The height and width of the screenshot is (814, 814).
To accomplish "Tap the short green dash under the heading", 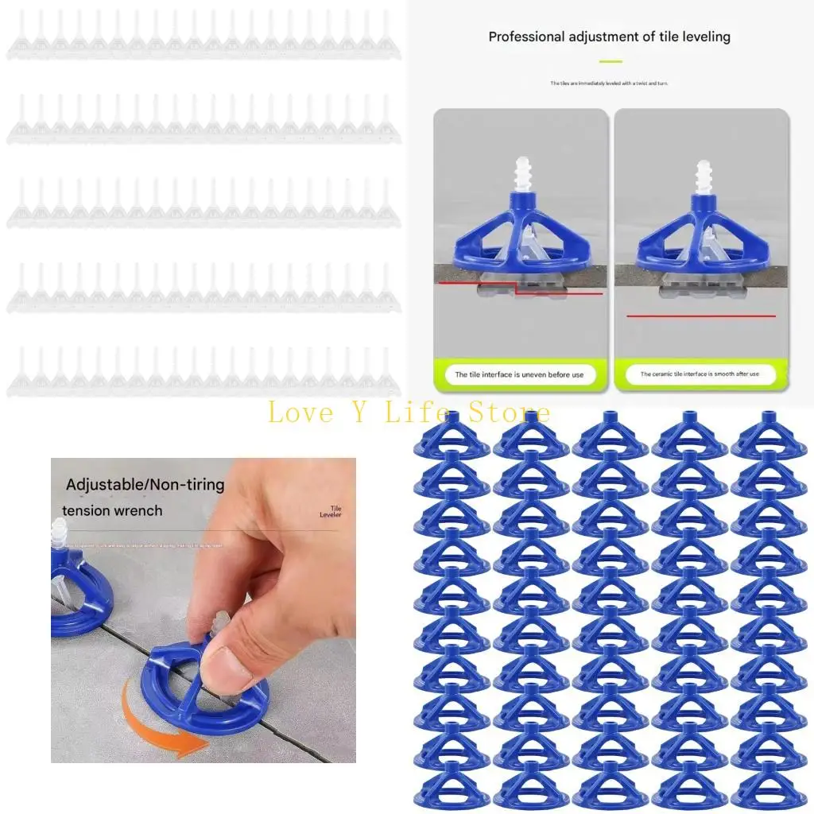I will [610, 61].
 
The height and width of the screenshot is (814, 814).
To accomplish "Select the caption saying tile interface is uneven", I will [519, 374].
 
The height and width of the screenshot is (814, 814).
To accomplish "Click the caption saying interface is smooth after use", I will [700, 374].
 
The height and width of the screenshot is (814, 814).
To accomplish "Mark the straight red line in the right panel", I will [700, 316].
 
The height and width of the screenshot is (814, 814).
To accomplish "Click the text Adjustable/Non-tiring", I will [145, 484].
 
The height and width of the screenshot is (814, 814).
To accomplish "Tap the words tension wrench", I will [112, 510].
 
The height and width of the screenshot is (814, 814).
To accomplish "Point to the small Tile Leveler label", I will [330, 512].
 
